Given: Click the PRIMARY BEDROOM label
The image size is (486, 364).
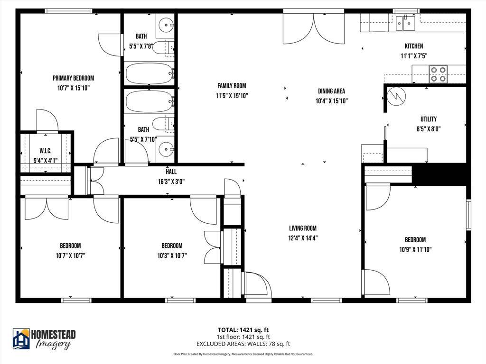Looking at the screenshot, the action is point(73,78).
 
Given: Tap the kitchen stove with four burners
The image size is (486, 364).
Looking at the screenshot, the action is point(438,74).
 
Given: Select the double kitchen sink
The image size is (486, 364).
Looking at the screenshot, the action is point(405,23).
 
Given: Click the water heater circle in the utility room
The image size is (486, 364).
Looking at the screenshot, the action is point(396,96).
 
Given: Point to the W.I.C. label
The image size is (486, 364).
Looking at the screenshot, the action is point(46,151).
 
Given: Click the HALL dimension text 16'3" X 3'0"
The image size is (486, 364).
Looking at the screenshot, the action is point(171,182).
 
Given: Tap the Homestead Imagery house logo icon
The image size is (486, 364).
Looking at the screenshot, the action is point(21,338).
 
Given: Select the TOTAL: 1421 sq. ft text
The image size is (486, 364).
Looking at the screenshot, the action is point(243,330).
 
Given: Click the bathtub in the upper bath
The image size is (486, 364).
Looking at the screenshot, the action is point(150,73).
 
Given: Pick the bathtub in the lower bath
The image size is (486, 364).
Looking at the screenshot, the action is point(150,101).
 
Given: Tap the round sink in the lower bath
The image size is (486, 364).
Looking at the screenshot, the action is point(166,149).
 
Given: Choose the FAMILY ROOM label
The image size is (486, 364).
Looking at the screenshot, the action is point(232,86).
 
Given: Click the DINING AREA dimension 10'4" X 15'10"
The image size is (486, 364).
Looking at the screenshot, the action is point(332,101).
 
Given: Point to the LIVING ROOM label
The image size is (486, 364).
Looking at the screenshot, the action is point(303,228).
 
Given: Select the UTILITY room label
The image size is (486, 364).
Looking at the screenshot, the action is point(429,119).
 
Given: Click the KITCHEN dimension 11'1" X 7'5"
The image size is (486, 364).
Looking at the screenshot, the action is point(414,56).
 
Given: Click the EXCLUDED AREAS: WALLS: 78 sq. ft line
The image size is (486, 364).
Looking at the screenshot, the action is point(243,344).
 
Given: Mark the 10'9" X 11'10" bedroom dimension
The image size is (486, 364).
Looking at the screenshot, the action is point(415,249).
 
